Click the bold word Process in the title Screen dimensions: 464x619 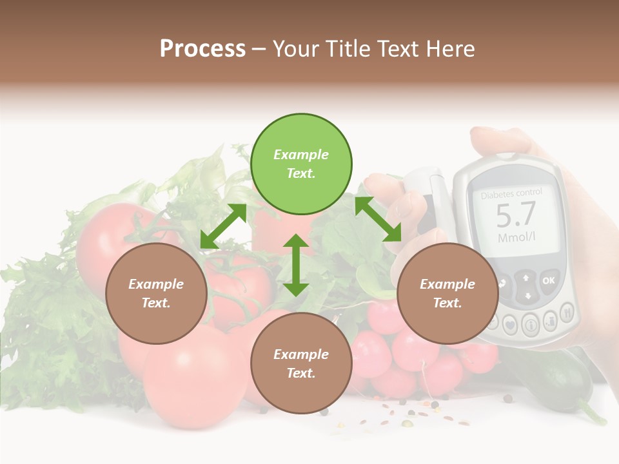[x=202, y=49]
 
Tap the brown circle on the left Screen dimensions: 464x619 [x=156, y=293]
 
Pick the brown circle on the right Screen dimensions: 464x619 [x=447, y=293]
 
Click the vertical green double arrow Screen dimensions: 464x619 [x=296, y=265]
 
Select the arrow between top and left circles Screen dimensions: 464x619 [x=223, y=226]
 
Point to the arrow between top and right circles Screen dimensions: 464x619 [x=378, y=219]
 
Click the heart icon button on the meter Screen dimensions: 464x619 [x=510, y=324]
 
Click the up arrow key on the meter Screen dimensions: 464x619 [x=527, y=278]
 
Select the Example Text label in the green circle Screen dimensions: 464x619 [x=301, y=164]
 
